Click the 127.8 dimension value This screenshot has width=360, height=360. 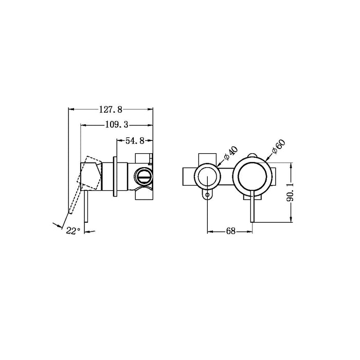[x=111, y=110]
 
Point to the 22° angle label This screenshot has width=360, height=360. [x=73, y=231]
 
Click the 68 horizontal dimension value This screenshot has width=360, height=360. [x=230, y=231]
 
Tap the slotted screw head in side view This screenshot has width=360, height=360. [x=144, y=176]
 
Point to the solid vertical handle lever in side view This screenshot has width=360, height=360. [x=87, y=203]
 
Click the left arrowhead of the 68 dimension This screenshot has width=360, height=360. [x=210, y=231]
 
